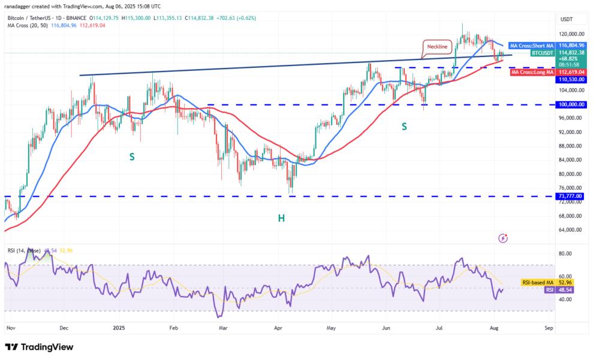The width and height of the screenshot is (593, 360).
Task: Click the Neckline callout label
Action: pos(437,46)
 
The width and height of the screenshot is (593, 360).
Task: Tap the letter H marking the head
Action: pos(281,218)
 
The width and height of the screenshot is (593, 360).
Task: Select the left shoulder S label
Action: pos(131,156)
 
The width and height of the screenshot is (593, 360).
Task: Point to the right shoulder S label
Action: pos(404,126)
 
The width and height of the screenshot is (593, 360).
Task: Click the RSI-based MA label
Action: pos(537,281)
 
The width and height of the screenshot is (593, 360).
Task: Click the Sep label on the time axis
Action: pos(548,328)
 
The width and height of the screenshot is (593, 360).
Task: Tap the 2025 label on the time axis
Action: pos(118,328)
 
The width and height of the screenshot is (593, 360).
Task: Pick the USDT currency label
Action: pos(567,19)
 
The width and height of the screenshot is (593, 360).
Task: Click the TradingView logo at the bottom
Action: pos(39,347)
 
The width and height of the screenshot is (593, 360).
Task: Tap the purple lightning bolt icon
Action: pos(503,238)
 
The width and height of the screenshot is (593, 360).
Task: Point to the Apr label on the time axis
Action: pos(278,328)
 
